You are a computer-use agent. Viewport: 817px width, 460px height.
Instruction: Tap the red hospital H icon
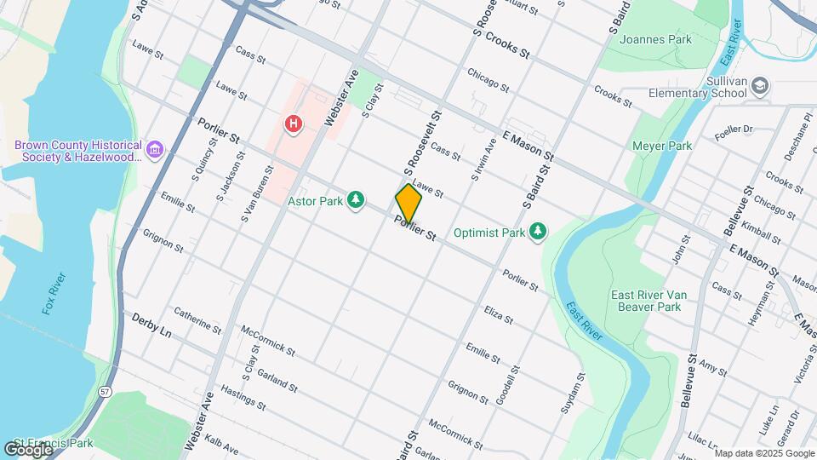tap(294, 124)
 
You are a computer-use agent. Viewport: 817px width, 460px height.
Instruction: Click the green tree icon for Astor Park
tap(356, 201)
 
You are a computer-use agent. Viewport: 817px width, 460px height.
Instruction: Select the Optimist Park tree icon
tap(537, 231)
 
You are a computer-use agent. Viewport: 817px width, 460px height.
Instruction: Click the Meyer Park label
tap(662, 146)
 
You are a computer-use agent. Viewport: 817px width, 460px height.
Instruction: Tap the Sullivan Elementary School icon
tap(760, 85)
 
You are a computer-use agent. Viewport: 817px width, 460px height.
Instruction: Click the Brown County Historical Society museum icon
tap(155, 150)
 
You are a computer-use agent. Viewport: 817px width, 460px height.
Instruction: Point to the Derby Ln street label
tap(151, 325)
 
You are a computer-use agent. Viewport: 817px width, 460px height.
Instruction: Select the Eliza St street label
tap(498, 315)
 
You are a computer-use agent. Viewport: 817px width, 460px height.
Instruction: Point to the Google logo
tap(28, 449)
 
